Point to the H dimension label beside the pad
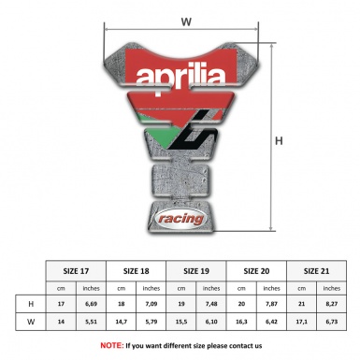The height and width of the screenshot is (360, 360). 278,141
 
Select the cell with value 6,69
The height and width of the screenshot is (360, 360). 93,304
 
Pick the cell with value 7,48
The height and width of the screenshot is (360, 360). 213,304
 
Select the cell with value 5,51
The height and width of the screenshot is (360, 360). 93,324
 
